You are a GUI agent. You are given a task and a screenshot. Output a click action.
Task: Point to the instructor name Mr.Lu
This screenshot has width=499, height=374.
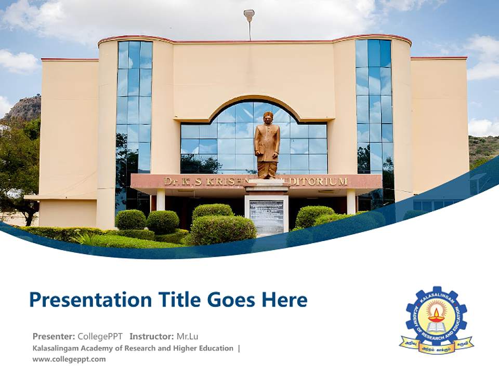(187, 336)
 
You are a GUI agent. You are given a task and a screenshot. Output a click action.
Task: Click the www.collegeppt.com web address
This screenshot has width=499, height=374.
(69, 359)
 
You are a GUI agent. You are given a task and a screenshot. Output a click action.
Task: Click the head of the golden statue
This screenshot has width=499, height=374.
(268, 116)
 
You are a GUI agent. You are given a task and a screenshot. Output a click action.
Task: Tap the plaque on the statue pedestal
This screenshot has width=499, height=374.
(267, 216)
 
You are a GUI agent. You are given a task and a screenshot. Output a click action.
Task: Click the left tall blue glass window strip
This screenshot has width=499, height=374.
(134, 104)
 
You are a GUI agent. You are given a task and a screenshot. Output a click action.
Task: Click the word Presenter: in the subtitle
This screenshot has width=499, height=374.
(54, 336)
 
